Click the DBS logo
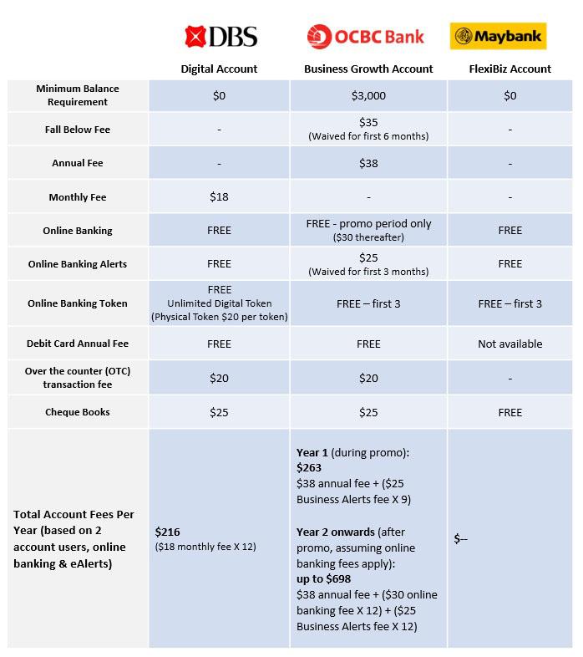(221, 36)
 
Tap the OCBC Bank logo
(366, 37)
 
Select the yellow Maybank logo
(498, 37)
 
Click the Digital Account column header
(219, 69)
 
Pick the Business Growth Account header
(368, 69)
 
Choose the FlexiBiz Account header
(509, 69)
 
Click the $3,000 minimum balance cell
(368, 96)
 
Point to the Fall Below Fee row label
(78, 130)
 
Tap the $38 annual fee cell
(368, 163)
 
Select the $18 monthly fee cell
(219, 197)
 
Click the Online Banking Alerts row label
(78, 264)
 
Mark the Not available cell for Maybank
(509, 344)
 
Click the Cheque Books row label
(78, 412)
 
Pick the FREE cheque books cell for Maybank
(509, 412)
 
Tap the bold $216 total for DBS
(168, 532)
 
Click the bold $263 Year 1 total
(309, 468)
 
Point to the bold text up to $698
(323, 579)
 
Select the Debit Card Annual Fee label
(78, 344)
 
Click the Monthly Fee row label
(78, 197)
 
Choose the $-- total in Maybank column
(460, 539)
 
